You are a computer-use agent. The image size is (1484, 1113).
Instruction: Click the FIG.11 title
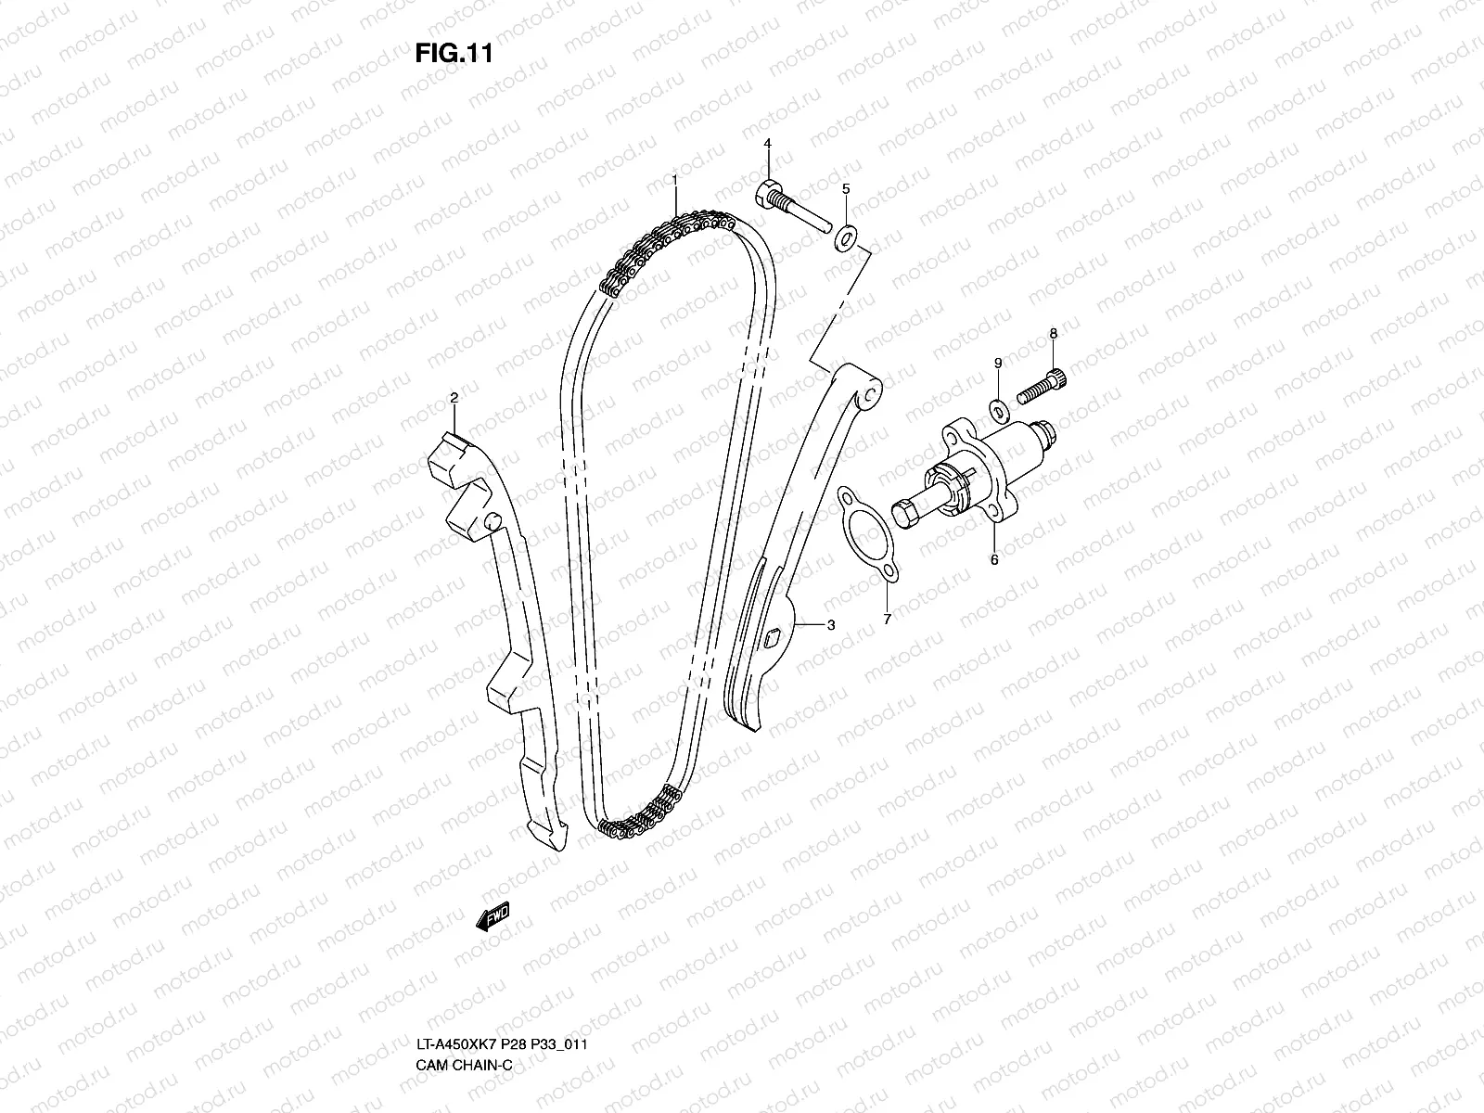(453, 54)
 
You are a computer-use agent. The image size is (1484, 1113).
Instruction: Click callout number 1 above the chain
(675, 178)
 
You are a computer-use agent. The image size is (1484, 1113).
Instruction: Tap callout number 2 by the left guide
(454, 398)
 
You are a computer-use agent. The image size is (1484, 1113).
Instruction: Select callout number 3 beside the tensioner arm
(830, 625)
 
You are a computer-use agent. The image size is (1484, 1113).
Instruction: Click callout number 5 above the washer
(845, 188)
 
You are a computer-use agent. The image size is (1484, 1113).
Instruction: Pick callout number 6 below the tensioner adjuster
(993, 560)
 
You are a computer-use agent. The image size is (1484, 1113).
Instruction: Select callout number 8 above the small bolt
(1053, 332)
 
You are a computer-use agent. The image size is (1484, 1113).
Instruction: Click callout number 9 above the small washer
(998, 362)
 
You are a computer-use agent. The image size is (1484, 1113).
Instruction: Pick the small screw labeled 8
(1040, 386)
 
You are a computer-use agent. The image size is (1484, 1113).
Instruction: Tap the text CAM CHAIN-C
(463, 989)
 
